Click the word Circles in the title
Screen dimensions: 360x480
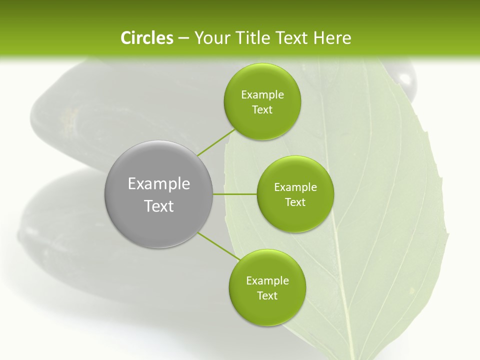coord(147,38)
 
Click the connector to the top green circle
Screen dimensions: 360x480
coord(216,142)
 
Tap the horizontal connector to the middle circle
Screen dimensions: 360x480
coord(235,194)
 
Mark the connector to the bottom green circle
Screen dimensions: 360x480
coord(218,246)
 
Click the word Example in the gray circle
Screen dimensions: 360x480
coord(159,184)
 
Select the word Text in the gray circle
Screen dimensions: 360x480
coord(159,206)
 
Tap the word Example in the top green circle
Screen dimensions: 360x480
coord(262,95)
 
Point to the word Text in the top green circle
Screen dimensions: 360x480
coord(262,110)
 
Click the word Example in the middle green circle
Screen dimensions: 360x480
coord(295,187)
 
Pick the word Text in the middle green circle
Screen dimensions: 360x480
coord(295,202)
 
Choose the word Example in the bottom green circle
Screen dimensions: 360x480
coord(267,281)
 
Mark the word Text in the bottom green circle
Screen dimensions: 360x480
coord(267,296)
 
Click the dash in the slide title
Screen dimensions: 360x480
coord(183,38)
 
